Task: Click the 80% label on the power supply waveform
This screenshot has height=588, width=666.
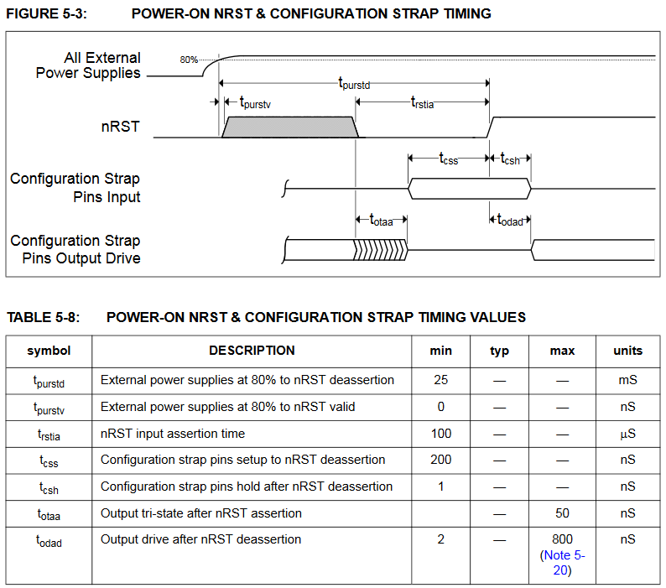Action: pyautogui.click(x=189, y=60)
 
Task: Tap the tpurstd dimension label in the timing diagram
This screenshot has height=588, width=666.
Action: pyautogui.click(x=354, y=82)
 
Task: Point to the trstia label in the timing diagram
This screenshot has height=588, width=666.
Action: pyautogui.click(x=422, y=102)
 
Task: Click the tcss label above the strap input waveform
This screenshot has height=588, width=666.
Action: pyautogui.click(x=449, y=159)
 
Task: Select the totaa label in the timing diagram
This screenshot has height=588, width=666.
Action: pyautogui.click(x=381, y=220)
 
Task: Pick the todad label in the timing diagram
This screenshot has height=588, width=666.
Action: pyautogui.click(x=510, y=220)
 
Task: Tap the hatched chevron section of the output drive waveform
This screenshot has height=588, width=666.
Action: pyautogui.click(x=379, y=248)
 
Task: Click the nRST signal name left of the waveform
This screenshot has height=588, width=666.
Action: pyautogui.click(x=120, y=127)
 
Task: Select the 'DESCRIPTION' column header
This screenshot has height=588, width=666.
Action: pyautogui.click(x=252, y=351)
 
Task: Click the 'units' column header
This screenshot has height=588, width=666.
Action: pyautogui.click(x=627, y=351)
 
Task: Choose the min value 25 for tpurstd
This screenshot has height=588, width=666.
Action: pyautogui.click(x=440, y=380)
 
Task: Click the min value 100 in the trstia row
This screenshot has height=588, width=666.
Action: pyautogui.click(x=440, y=434)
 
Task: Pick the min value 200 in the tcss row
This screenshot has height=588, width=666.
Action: pyautogui.click(x=440, y=460)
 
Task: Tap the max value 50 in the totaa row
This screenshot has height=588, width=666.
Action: pyautogui.click(x=562, y=513)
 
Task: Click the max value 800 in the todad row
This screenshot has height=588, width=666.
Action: pyautogui.click(x=562, y=539)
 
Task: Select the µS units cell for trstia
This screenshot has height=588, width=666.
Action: pyautogui.click(x=627, y=434)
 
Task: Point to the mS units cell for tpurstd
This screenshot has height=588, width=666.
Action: pyautogui.click(x=627, y=380)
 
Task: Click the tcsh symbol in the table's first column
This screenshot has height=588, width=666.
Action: pyautogui.click(x=49, y=487)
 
